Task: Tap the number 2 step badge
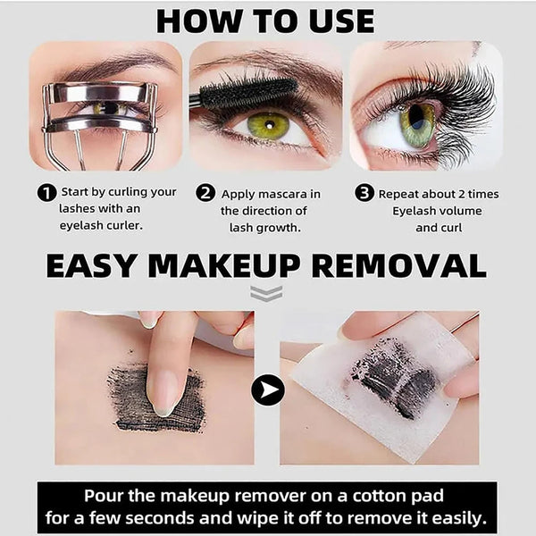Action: click(x=205, y=194)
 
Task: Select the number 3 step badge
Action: click(x=364, y=194)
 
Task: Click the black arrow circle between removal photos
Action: click(x=267, y=389)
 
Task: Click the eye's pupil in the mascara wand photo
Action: click(x=267, y=124)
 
